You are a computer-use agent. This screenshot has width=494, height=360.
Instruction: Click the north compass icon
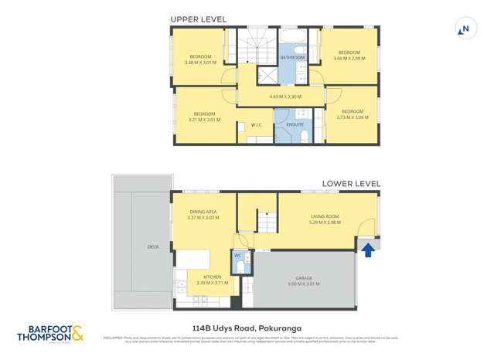464,29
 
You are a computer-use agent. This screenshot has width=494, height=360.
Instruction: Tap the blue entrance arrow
368,250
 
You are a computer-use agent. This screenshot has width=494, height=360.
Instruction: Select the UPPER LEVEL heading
198,18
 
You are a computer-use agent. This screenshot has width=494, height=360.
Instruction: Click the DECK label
153,246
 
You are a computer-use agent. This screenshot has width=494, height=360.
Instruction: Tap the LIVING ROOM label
325,217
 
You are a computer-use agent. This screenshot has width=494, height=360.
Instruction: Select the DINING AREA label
203,212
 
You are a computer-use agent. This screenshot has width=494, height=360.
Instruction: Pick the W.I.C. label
257,124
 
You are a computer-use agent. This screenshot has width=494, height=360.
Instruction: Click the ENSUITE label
295,124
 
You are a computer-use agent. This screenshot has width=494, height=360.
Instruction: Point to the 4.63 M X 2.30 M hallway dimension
284,97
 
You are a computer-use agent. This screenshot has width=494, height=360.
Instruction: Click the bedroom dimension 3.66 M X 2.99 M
349,58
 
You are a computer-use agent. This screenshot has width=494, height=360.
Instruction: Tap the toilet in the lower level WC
240,267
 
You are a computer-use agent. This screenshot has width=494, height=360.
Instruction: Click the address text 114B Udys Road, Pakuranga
247,327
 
